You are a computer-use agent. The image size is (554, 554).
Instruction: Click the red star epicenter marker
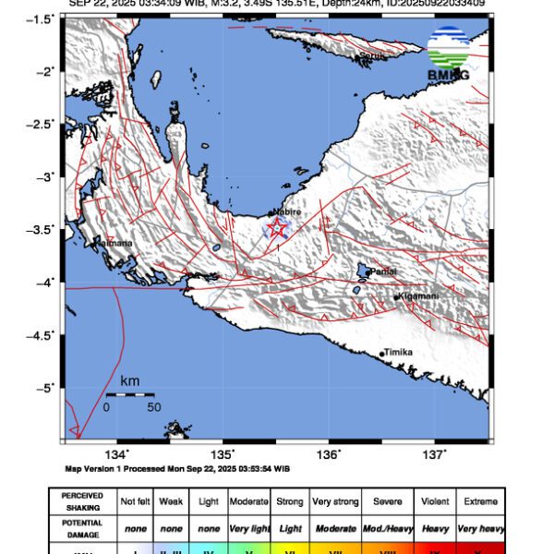[x=277, y=227]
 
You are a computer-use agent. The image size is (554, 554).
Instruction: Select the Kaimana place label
[x=114, y=244]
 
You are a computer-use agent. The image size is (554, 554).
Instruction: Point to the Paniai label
[x=382, y=271]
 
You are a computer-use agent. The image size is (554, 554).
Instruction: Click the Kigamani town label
[x=417, y=296]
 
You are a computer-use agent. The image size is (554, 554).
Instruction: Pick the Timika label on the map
[x=398, y=353]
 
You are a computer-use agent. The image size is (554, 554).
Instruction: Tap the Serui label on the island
[x=372, y=56]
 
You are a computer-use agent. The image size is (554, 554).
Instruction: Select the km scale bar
[x=129, y=394]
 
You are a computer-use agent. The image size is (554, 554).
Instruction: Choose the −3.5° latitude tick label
[x=43, y=229]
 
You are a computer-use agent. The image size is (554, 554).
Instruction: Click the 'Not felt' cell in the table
[x=138, y=501]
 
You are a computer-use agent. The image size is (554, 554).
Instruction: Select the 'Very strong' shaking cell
[x=334, y=501]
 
